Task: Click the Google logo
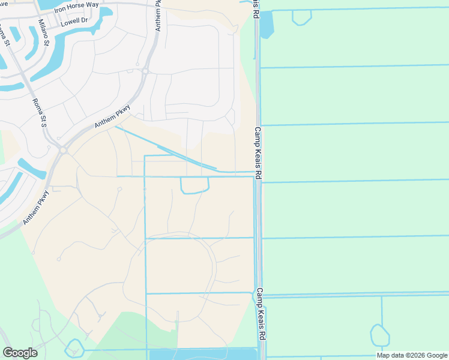point(20,353)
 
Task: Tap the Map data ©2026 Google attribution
point(412,355)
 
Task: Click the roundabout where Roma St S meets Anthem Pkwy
point(62,149)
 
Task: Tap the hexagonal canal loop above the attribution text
point(379,335)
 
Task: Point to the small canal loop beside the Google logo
point(74,347)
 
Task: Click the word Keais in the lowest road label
point(262,317)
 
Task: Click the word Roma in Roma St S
point(37,106)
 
